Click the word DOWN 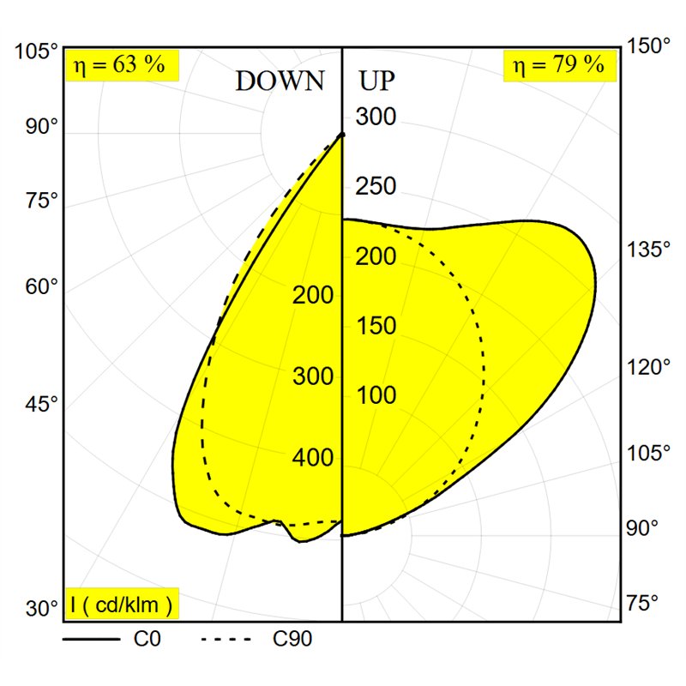coord(280,81)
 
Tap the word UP coord(376,81)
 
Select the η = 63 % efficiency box coord(122,66)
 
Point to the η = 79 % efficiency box coord(560,66)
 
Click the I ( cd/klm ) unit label coord(122,604)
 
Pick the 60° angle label coord(41,287)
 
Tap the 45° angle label coord(41,404)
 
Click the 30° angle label coord(41,608)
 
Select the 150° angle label coord(648,46)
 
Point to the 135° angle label coord(648,250)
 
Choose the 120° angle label coord(648,367)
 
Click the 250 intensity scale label coord(376,186)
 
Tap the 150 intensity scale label coord(376,326)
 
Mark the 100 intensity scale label coord(376,395)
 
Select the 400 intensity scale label coord(313,458)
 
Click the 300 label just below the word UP coord(376,117)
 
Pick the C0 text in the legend coord(147,639)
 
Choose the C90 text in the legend coord(292,639)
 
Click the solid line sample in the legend coord(91,639)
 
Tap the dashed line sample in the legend coord(226,639)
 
